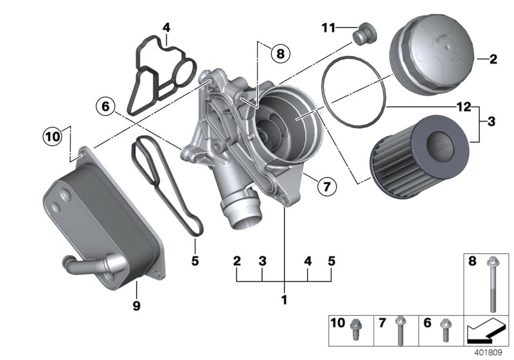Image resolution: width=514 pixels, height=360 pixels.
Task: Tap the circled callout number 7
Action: tap(326, 187)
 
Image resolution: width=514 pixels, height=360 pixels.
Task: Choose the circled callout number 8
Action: tap(279, 54)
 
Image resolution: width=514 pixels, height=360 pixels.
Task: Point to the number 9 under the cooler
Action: tap(136, 307)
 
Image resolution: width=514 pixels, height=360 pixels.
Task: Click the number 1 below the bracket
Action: tap(283, 299)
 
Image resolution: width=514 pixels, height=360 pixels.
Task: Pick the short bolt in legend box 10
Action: tap(354, 330)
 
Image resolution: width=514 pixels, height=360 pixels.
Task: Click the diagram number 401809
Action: tap(490, 352)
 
